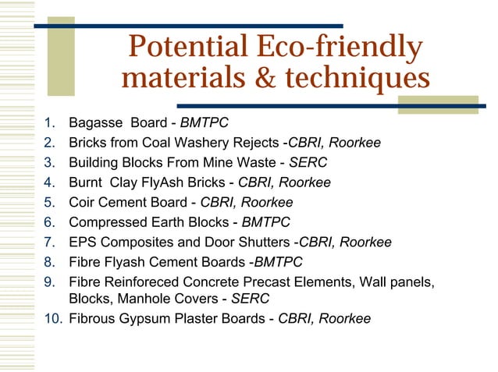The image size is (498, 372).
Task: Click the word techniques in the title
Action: coord(361,79)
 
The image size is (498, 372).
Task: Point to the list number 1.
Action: coord(48,123)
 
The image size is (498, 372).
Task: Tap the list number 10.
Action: coord(52,318)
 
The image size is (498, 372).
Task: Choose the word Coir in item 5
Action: coord(83,202)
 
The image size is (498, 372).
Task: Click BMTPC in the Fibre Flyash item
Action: coord(278,262)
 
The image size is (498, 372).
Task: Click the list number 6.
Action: coord(48,221)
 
